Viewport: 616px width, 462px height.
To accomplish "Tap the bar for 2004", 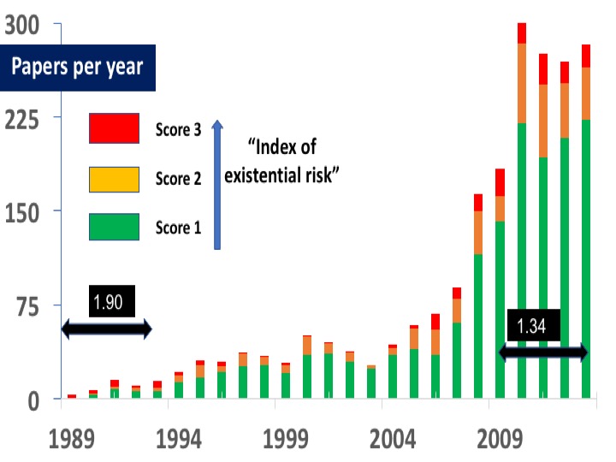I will pos(393,376).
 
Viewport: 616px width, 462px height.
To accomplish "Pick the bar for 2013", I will pos(586,257).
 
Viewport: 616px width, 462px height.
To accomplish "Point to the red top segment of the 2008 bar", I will pos(479,203).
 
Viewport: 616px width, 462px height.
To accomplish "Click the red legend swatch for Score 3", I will pos(114,129).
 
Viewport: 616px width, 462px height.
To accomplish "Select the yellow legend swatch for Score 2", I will pos(114,179).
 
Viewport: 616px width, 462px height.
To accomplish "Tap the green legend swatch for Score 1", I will pos(114,227).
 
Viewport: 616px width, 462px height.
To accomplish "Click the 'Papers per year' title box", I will pos(77,68).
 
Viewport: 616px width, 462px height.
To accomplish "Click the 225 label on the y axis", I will pos(23,117).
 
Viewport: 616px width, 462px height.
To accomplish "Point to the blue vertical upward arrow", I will pos(217,184).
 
